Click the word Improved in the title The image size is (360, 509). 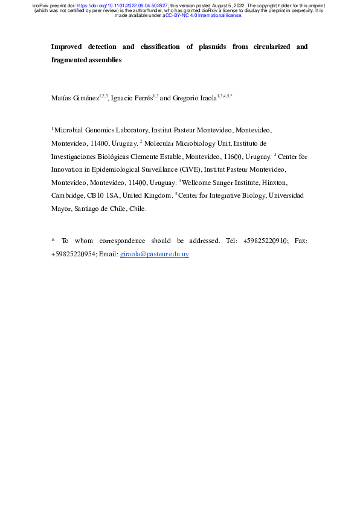tap(67, 47)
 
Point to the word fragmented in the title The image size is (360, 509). tap(71, 60)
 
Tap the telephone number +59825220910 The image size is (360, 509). tap(265, 241)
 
